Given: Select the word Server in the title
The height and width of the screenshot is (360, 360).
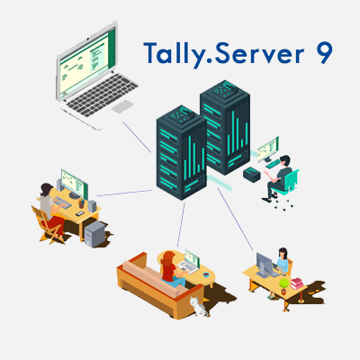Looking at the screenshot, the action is [259, 53].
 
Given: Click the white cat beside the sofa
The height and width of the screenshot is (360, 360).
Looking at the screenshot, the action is [199, 306].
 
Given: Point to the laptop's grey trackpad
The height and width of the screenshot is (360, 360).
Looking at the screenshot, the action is [122, 106].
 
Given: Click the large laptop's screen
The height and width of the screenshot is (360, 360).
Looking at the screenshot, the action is [85, 60].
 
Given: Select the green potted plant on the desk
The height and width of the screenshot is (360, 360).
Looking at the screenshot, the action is [283, 286].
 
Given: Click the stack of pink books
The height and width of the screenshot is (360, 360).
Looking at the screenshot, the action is [297, 283].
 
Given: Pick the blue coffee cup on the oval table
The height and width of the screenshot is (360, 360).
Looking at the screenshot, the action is [205, 274].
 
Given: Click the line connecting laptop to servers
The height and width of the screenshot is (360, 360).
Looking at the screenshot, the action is [137, 137].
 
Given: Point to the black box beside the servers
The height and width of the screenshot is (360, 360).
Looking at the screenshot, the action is [252, 175].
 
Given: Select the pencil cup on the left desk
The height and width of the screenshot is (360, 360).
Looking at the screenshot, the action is [81, 203].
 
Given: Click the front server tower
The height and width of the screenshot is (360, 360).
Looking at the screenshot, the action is [181, 152].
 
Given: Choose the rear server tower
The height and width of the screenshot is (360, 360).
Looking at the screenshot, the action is [226, 126].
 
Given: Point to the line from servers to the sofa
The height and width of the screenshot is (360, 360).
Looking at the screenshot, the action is [181, 225].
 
